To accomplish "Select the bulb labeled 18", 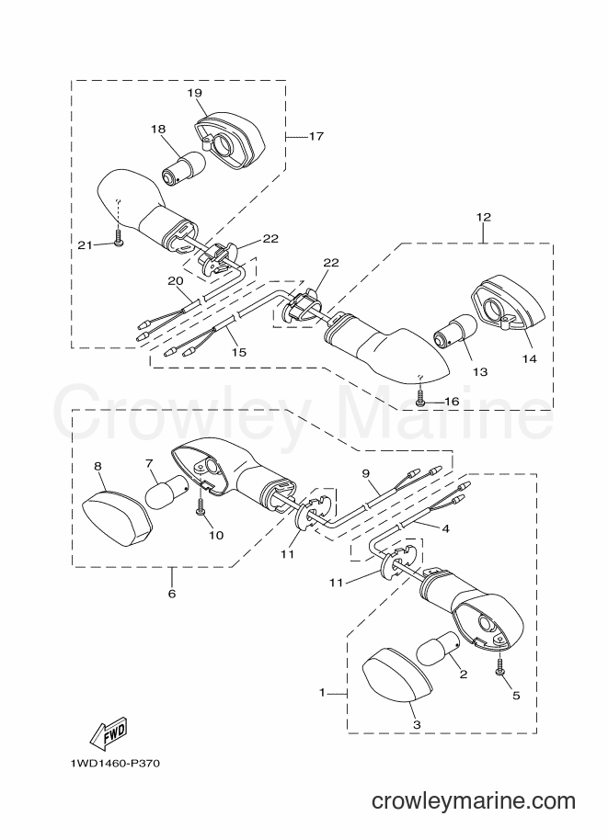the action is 183,167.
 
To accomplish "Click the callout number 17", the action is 316,136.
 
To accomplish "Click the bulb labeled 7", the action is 166,492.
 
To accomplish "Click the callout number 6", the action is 172,594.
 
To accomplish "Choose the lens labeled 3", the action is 397,675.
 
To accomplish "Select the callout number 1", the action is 323,692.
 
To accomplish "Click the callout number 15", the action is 239,352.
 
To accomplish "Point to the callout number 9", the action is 366,473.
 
